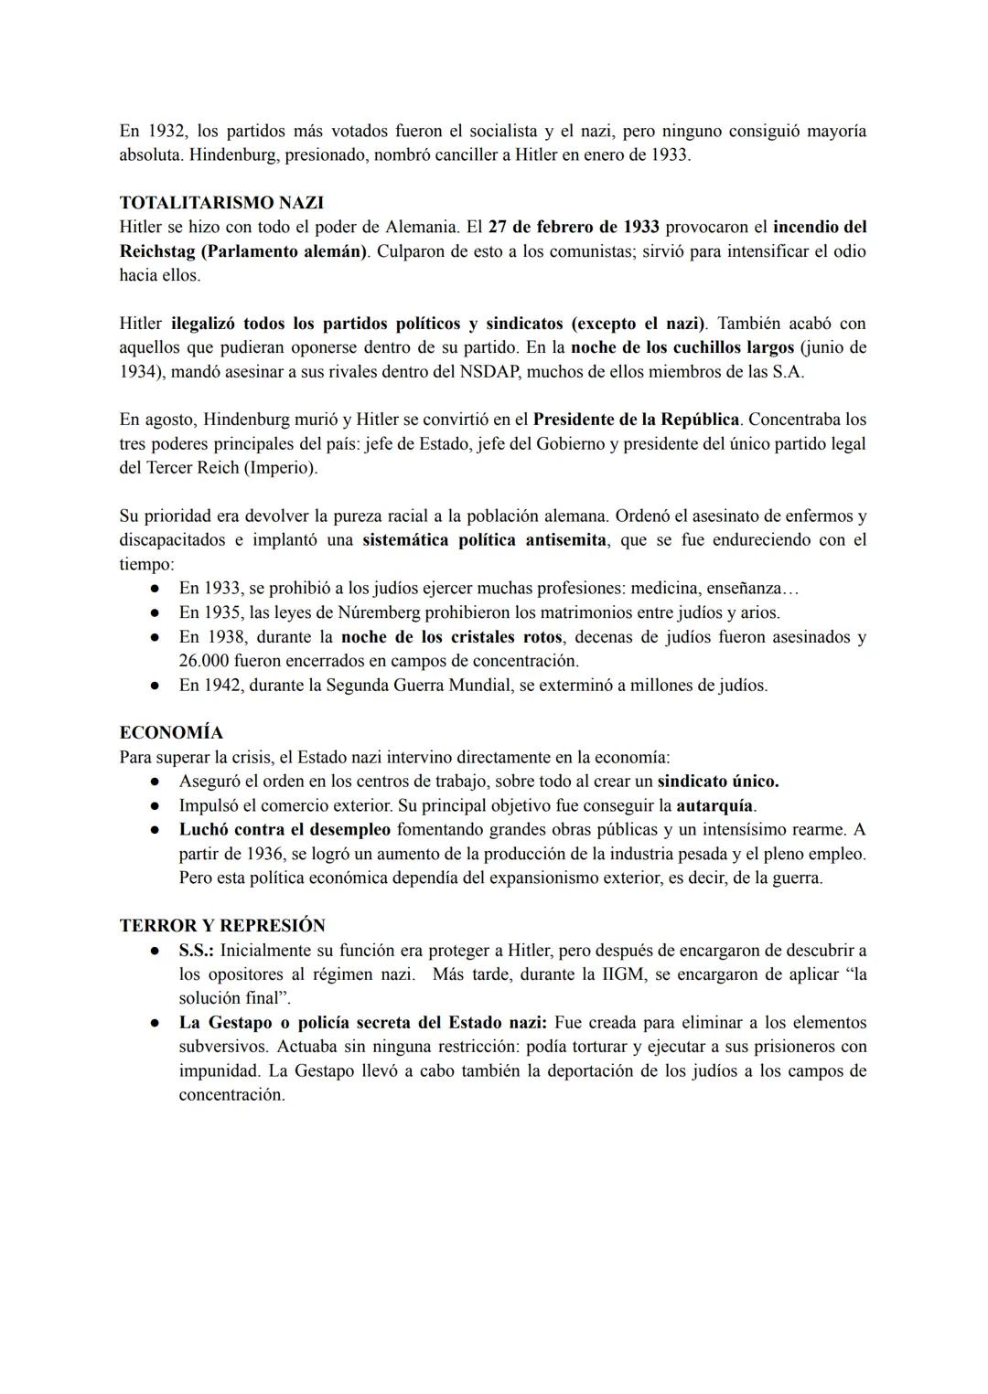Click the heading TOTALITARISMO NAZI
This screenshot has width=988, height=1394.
(221, 203)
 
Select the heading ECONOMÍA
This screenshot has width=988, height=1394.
(171, 733)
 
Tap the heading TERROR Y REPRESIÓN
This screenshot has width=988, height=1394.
(222, 926)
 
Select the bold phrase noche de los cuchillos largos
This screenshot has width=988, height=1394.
(682, 348)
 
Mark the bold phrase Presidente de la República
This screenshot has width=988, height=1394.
(636, 420)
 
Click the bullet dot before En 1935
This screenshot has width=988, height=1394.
(156, 613)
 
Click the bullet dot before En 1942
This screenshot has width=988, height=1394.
(156, 686)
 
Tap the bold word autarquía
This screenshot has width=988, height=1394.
(714, 806)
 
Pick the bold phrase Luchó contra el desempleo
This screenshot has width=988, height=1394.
(285, 830)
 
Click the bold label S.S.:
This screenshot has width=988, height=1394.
(196, 951)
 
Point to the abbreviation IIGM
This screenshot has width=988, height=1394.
(625, 974)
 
